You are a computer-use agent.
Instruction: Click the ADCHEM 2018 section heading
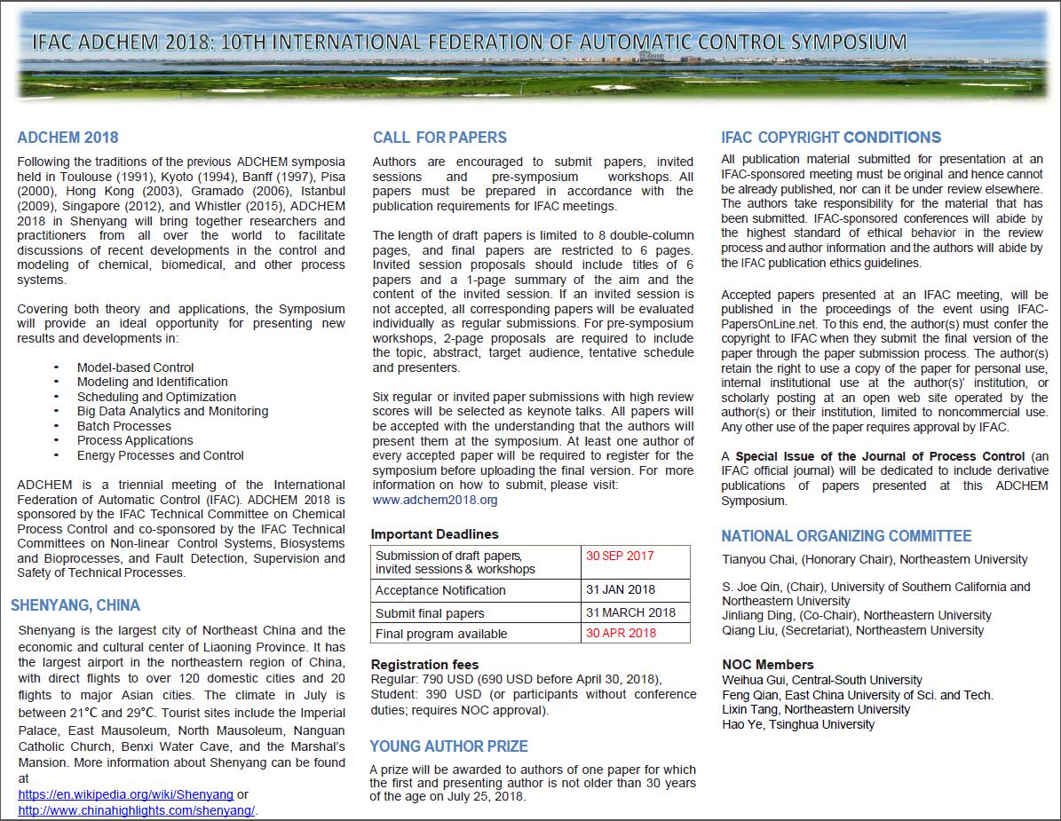point(67,138)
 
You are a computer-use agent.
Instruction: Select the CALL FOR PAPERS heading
point(439,138)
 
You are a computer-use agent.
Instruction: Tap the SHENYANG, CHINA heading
point(75,605)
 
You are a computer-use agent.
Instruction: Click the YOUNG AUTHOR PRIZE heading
point(448,746)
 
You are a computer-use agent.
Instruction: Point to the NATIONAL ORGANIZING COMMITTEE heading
point(846,536)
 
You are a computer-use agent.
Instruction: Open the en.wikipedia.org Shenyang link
point(125,794)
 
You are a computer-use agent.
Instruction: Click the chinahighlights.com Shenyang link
point(137,810)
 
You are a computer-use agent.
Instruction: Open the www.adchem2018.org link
point(435,500)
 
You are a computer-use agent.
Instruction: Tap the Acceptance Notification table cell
point(440,590)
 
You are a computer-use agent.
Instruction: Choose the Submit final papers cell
point(430,613)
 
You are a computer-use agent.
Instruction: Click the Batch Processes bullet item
point(123,426)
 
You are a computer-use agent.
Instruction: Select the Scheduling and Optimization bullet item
point(156,397)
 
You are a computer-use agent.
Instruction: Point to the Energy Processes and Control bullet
point(160,455)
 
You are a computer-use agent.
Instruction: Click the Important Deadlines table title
point(434,534)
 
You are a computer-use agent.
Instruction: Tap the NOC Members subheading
point(768,665)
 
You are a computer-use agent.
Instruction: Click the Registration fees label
point(424,665)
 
